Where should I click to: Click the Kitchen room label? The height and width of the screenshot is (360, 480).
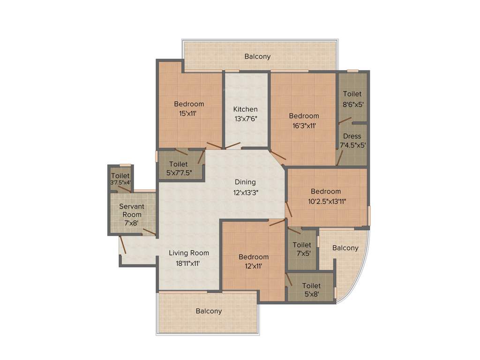coord(246,109)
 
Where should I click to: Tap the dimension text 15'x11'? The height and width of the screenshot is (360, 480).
coord(189,113)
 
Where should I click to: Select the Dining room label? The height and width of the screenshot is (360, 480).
coord(245,182)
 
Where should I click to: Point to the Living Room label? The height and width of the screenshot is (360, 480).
coord(189,253)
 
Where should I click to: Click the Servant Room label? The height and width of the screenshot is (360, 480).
coord(132,210)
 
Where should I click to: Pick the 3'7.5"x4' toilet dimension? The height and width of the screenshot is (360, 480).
coord(120,182)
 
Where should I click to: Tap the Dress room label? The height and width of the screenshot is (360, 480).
coord(352,136)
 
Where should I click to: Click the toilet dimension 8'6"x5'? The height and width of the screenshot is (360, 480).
coord(352,105)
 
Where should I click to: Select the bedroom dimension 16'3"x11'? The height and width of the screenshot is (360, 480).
coord(304,125)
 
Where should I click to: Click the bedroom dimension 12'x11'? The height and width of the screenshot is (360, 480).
coord(254,266)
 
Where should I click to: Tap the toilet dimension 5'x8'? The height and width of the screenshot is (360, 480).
coord(311,294)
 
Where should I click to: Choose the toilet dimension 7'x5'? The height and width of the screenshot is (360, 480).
coord(302,254)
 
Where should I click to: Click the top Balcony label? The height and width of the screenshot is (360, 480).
coord(257,56)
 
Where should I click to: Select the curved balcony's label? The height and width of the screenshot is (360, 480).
coord(345,248)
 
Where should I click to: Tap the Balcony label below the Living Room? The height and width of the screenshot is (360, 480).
coord(209,311)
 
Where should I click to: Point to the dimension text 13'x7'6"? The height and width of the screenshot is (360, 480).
coord(246,119)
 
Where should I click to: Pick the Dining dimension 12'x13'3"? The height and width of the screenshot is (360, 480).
coord(245,192)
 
